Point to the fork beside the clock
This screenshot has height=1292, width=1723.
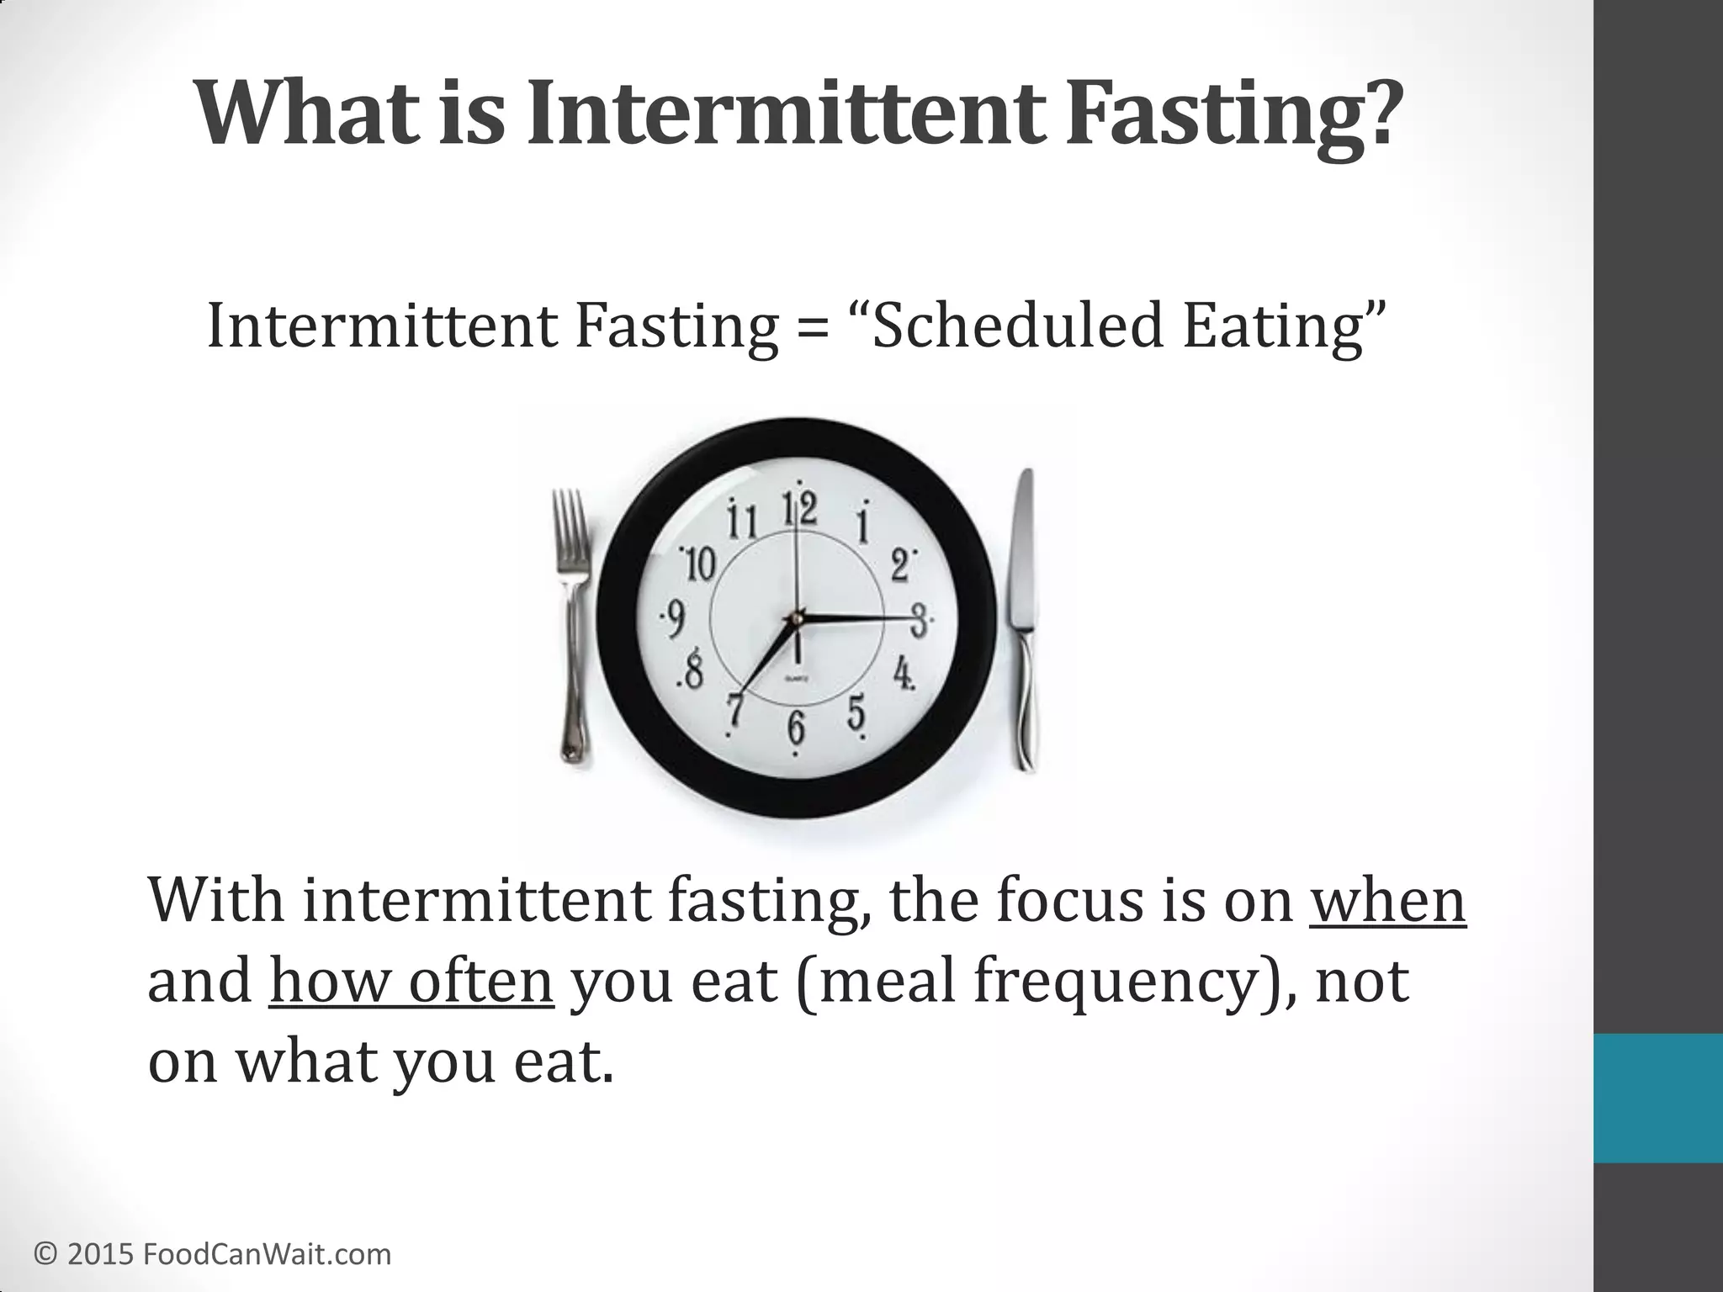572,622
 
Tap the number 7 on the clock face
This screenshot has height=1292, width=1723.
736,708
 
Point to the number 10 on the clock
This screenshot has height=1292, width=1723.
699,563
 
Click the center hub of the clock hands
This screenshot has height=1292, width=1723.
794,620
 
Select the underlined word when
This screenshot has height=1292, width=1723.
1387,900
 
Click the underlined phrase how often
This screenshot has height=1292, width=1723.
411,981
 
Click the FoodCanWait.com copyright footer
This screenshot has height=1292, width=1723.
213,1254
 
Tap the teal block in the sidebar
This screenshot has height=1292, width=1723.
1657,1098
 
